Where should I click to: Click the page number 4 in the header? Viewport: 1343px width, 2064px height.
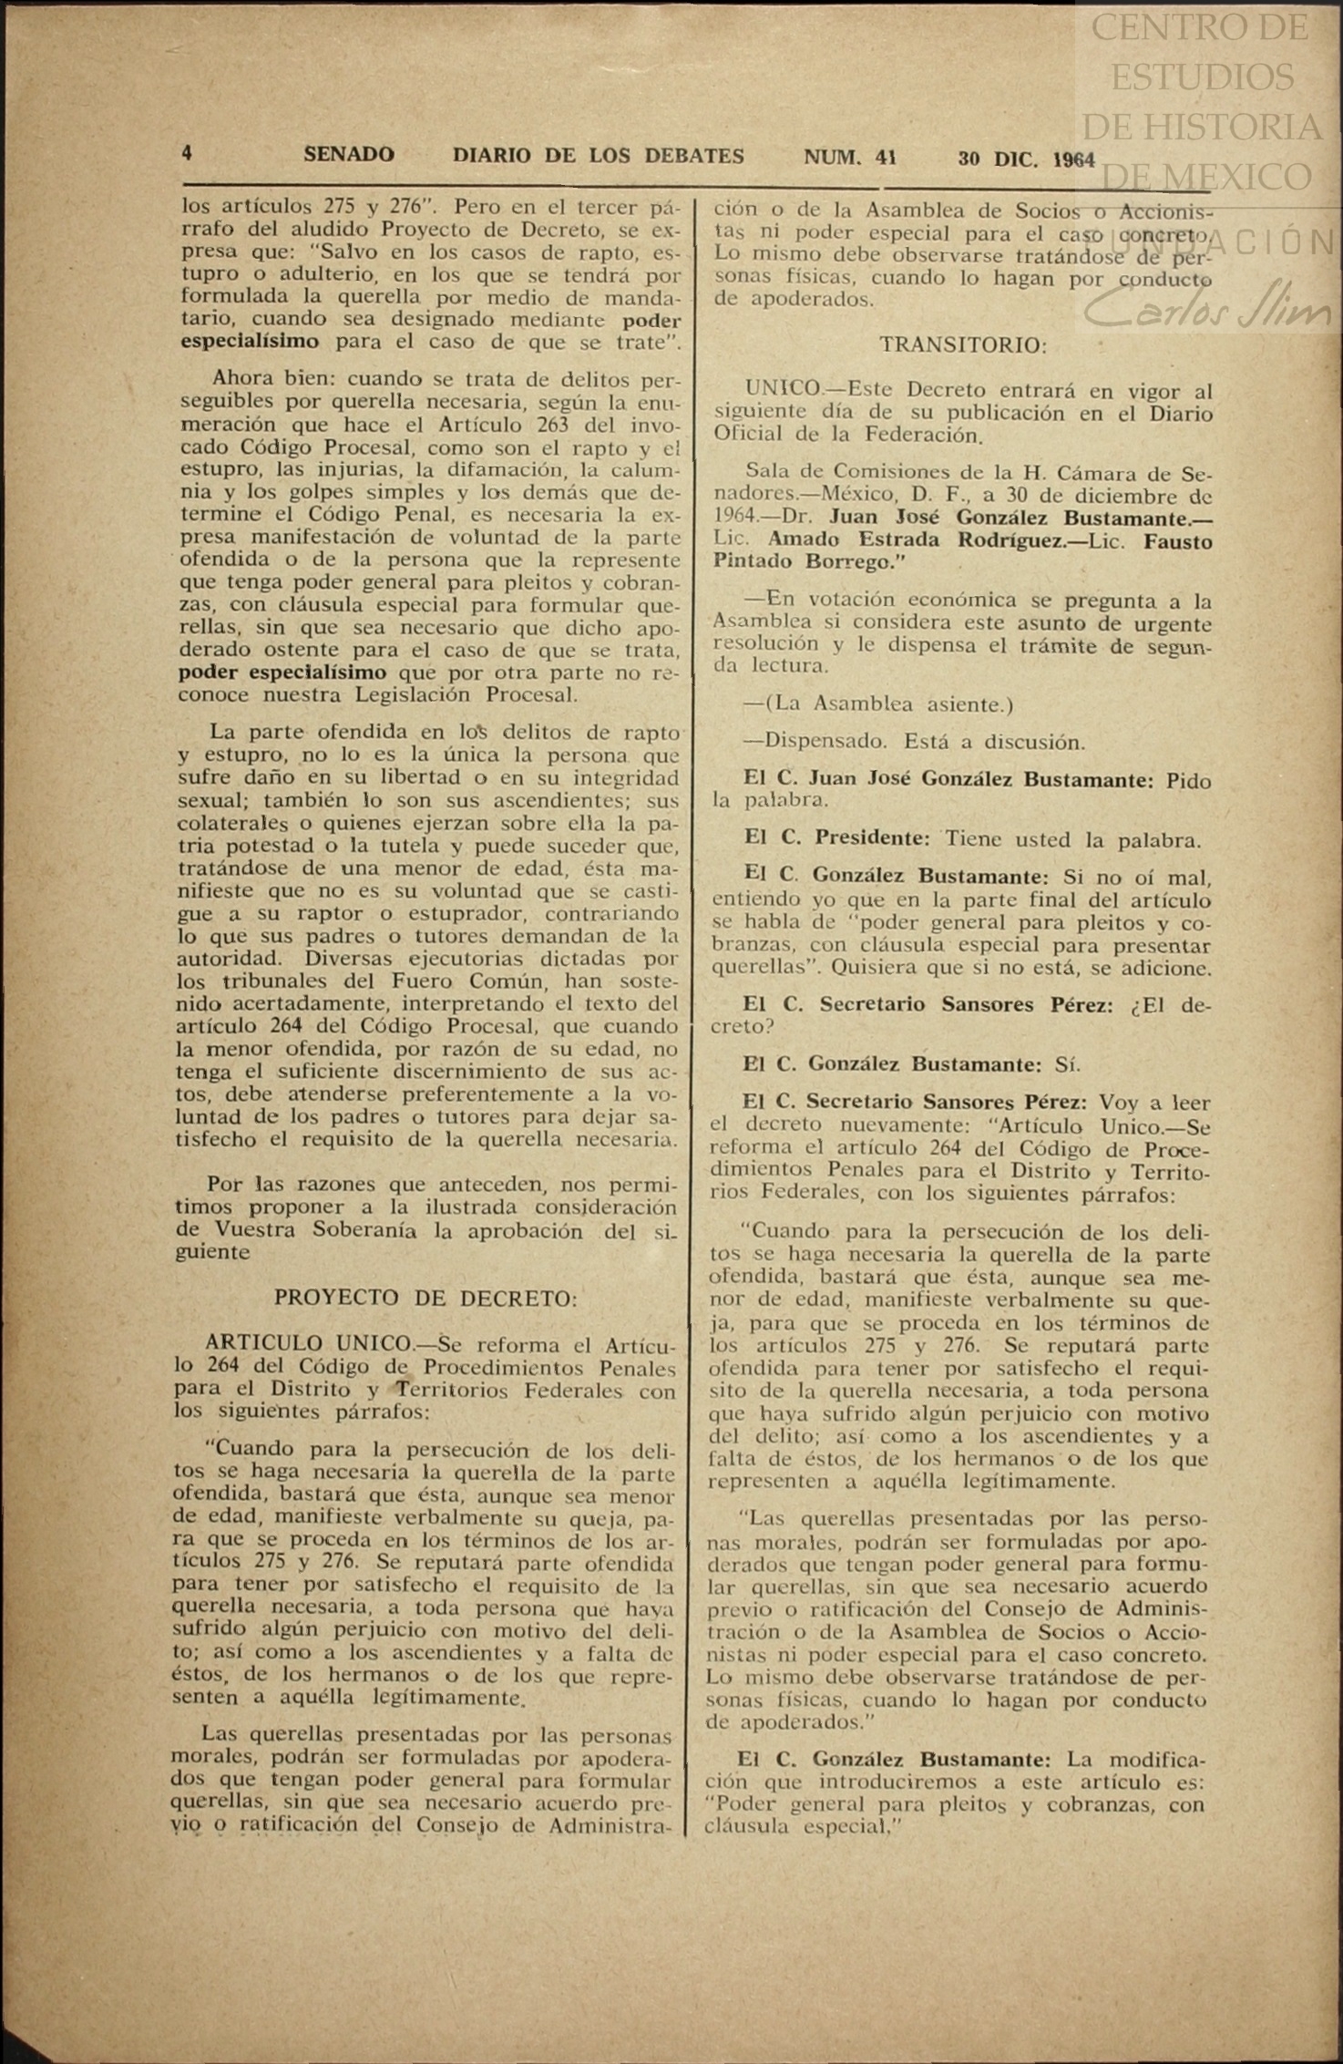187,155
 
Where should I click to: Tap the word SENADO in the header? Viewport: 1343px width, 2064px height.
349,155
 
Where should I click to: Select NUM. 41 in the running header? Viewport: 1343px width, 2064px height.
849,157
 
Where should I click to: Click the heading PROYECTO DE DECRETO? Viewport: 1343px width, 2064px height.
426,1298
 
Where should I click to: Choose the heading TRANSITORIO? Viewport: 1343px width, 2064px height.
963,345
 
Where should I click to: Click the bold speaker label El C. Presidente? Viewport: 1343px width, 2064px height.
836,839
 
